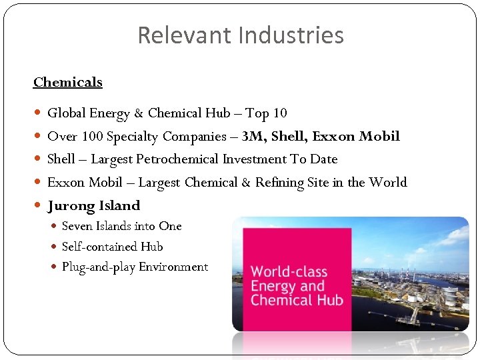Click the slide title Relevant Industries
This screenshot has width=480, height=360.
[x=240, y=35]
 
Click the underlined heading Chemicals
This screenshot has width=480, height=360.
[x=67, y=82]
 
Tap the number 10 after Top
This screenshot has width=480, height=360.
[x=279, y=113]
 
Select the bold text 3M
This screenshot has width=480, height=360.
[x=251, y=136]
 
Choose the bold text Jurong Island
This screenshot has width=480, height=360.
[x=93, y=205]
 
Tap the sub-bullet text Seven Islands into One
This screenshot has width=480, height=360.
[x=121, y=226]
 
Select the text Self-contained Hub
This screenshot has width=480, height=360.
[x=112, y=247]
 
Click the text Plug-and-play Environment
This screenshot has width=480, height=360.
[x=135, y=267]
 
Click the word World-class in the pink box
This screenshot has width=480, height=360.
[x=287, y=272]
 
